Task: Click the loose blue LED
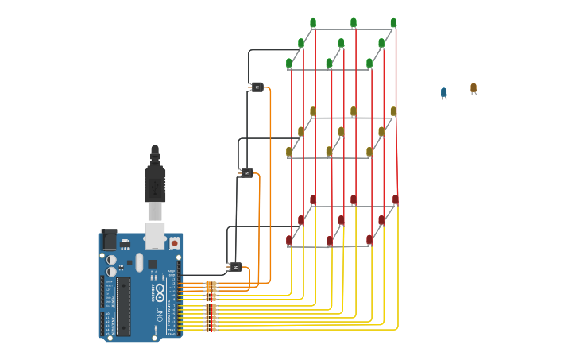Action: point(444,93)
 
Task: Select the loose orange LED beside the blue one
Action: point(474,88)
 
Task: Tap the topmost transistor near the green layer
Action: point(257,87)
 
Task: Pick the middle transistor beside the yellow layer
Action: point(246,172)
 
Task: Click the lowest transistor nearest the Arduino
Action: point(235,267)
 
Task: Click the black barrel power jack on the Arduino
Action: point(109,240)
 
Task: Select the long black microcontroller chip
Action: point(124,305)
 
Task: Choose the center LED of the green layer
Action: point(342,44)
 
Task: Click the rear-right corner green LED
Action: point(393,23)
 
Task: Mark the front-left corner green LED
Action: point(289,64)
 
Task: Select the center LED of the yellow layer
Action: point(342,132)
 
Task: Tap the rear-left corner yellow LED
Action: point(313,111)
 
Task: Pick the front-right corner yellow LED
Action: point(369,152)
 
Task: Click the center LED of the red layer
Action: point(342,220)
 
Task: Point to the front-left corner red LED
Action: point(289,240)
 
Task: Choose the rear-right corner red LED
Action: point(395,199)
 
